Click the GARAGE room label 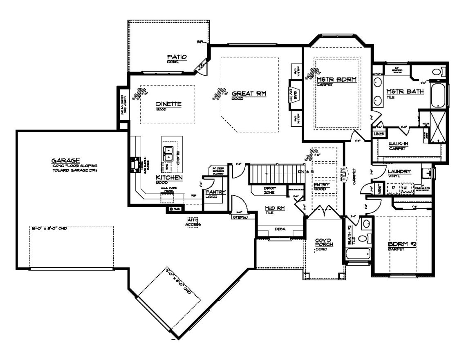[65, 160]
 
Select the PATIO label [177, 57]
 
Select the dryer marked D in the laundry [394, 188]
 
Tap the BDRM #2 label [401, 244]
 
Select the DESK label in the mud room [280, 229]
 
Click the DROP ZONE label [269, 190]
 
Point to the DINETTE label [168, 104]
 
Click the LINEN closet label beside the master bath [379, 134]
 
